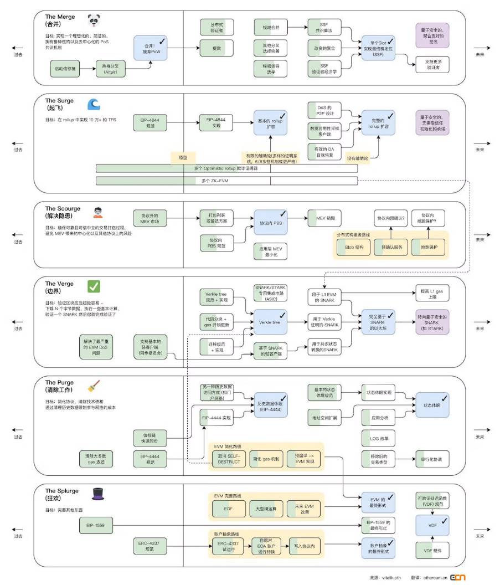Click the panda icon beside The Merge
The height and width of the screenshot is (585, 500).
coord(94,22)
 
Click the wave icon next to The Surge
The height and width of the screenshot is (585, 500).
coord(94,105)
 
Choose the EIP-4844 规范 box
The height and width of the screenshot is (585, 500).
coord(150,122)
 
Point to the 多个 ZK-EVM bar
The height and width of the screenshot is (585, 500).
coord(226,181)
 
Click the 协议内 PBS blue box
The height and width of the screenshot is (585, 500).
coord(270,222)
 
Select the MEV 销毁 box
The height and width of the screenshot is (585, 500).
coord(325,218)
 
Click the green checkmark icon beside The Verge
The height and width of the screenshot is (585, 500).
coord(94,286)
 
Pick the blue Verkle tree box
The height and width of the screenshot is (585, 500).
coord(270,321)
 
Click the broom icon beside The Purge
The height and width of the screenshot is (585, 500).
coord(94,386)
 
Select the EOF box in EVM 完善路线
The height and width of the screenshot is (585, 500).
coord(228,508)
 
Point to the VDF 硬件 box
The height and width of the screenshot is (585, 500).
coord(432,551)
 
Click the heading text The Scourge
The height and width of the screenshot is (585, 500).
coord(63,209)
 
